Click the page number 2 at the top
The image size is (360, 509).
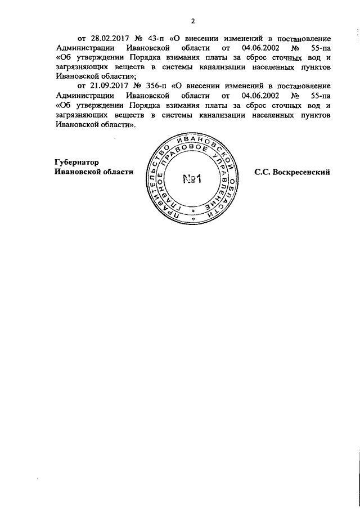(192, 21)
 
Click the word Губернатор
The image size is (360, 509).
(77, 163)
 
